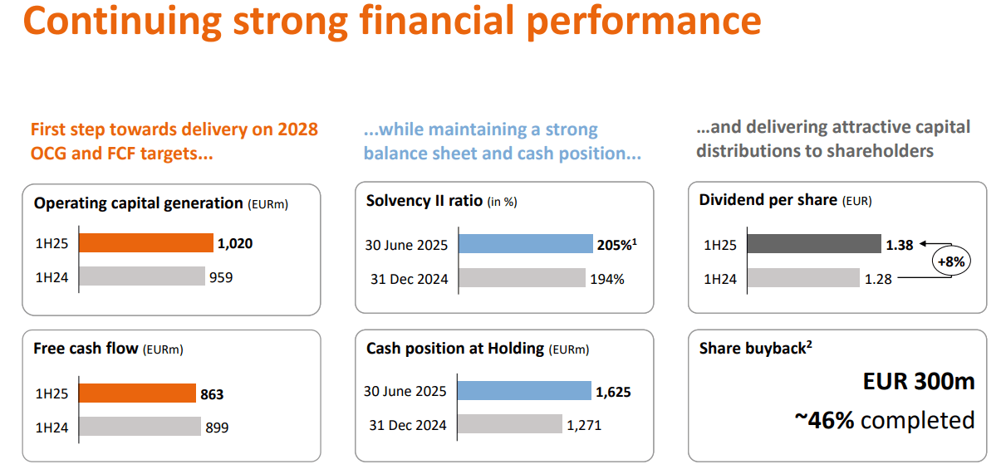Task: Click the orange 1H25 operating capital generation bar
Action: pos(146,243)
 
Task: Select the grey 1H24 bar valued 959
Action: pos(142,277)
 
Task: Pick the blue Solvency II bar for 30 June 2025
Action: pos(525,244)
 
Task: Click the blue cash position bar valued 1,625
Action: pos(523,391)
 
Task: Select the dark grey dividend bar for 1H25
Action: pos(813,244)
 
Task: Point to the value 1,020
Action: pos(234,244)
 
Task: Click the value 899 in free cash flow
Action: pos(216,427)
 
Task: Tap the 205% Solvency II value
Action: pos(616,244)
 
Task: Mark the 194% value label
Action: pos(606,279)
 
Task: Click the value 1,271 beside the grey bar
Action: pos(584,425)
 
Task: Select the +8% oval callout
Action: pos(949,261)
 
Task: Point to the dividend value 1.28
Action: pos(878,279)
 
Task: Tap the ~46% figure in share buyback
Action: pos(824,420)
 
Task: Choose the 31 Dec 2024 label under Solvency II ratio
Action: pos(409,279)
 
